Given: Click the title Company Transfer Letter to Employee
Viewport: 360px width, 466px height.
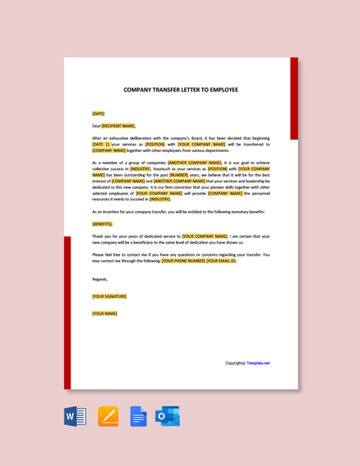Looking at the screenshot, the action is click(x=180, y=90).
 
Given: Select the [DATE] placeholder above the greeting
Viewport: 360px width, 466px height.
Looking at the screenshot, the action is click(x=98, y=114).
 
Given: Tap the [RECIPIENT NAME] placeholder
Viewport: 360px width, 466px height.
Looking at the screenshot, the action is click(x=119, y=126).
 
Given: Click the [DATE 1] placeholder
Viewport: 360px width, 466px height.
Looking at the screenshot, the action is click(x=101, y=144).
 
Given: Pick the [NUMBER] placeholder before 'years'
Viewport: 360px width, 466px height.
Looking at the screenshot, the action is click(x=179, y=175).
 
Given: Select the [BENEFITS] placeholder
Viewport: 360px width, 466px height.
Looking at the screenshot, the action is click(x=102, y=224).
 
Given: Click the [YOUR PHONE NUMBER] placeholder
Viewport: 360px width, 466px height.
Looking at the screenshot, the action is click(x=183, y=261).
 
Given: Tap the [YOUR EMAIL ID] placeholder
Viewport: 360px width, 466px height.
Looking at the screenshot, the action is click(x=221, y=261).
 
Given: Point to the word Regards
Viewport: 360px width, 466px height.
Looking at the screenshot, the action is click(x=100, y=279).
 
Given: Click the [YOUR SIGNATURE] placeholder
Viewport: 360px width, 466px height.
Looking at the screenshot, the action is click(x=110, y=297).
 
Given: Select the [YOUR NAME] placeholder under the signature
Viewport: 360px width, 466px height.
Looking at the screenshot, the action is click(x=105, y=313).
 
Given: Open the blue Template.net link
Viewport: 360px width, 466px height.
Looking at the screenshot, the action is click(x=258, y=363).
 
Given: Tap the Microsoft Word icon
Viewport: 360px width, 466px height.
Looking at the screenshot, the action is click(x=75, y=416).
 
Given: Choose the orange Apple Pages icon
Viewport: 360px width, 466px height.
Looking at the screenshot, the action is click(x=108, y=416).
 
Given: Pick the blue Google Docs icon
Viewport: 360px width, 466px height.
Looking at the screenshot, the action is click(x=138, y=416).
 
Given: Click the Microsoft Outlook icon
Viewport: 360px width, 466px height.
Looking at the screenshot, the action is click(x=168, y=416).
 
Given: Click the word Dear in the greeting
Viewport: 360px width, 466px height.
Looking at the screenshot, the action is click(x=97, y=126).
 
